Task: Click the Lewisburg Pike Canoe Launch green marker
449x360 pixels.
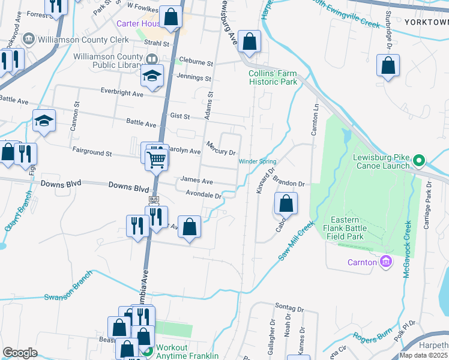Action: [419, 160]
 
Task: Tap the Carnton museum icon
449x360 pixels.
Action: [386, 262]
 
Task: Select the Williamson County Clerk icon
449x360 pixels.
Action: [28, 40]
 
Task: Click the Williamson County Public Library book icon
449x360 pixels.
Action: [152, 59]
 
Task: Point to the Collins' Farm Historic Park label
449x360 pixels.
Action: [273, 77]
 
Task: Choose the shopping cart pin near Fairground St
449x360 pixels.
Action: [156, 158]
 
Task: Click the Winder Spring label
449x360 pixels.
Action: [258, 161]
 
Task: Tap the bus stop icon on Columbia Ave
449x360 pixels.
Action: [153, 199]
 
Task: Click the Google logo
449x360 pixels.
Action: [20, 353]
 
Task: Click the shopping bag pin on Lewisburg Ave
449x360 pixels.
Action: [249, 41]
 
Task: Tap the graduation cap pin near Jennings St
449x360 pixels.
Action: [152, 76]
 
